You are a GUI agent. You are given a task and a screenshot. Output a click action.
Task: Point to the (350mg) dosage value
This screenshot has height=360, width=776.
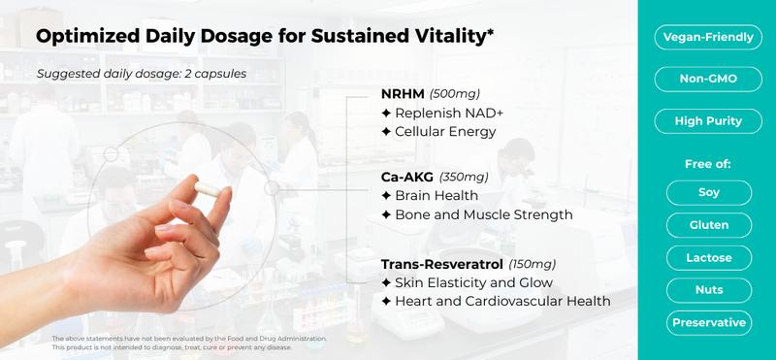[x=465, y=178]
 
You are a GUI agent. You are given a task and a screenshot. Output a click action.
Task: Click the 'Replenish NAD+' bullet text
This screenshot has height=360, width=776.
[x=442, y=113]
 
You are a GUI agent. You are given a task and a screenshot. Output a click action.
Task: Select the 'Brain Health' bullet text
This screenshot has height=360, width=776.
[x=431, y=196]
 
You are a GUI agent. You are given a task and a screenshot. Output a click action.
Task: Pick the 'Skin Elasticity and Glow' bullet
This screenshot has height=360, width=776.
[x=468, y=282]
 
